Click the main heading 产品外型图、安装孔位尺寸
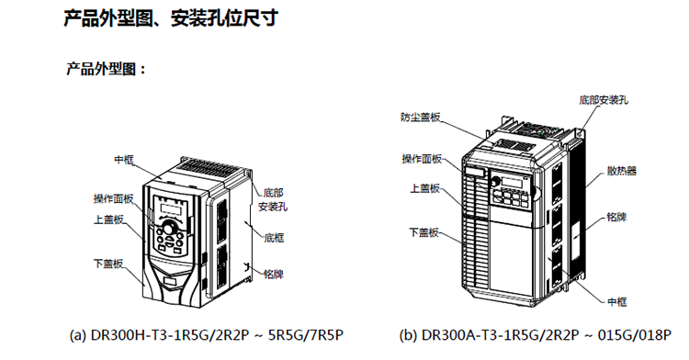tap(171, 19)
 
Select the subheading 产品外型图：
tap(106, 69)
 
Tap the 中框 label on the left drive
tap(124, 160)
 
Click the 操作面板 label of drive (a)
tap(113, 199)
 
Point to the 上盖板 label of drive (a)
tap(108, 219)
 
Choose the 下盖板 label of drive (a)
tap(108, 264)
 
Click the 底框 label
tap(274, 238)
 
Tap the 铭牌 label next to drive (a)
tap(274, 275)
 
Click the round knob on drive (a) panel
tap(169, 228)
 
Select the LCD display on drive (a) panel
tap(172, 209)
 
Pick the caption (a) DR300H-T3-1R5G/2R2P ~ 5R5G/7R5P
tap(207, 335)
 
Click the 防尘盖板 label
tap(421, 118)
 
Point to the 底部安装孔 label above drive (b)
tap(604, 100)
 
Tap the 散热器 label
tap(622, 171)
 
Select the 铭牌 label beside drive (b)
tap(616, 217)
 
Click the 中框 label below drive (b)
tap(617, 302)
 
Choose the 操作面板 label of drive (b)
tap(422, 159)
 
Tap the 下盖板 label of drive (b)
tap(424, 232)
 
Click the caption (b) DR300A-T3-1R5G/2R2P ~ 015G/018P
tap(536, 335)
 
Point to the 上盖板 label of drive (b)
tap(425, 188)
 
